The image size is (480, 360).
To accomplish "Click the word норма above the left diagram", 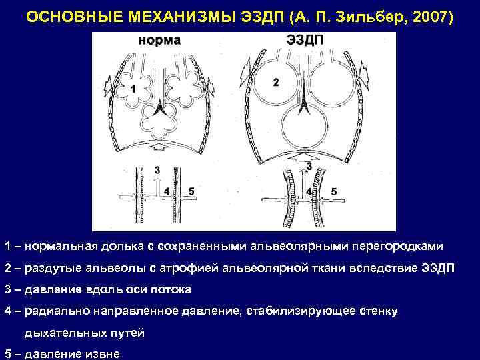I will pos(159,41).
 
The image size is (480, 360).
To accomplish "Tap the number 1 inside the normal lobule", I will pos(133,89).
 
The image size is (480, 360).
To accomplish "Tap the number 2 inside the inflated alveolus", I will pos(275,82).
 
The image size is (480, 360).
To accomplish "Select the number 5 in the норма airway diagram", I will pos(191,191).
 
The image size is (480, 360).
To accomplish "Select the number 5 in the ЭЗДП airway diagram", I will pos(333,191).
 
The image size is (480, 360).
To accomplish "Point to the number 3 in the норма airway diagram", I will pos(157,170).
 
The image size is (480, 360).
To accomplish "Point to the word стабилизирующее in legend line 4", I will pos(311,311).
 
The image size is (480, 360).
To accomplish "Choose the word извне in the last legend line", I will pos(111,354).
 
